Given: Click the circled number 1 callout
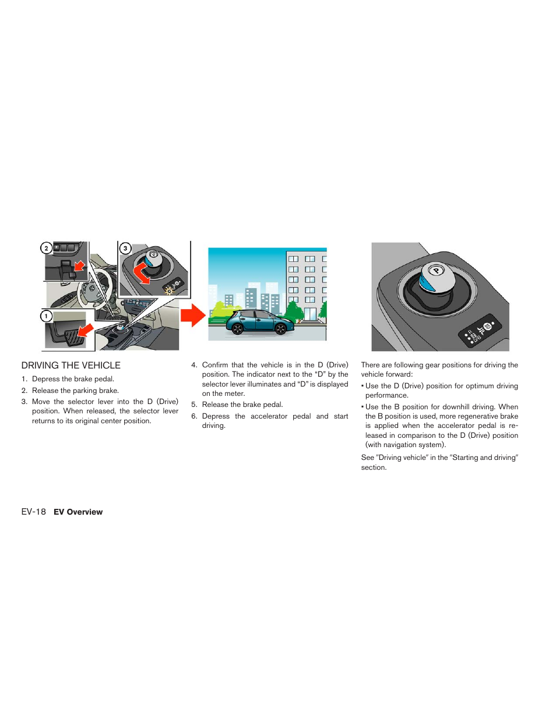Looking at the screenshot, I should (x=46, y=316).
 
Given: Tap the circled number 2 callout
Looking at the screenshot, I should (x=46, y=248).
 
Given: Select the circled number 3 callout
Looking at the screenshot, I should (x=125, y=248).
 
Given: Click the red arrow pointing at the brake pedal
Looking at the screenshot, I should (x=86, y=331).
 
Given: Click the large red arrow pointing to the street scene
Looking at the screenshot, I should (x=193, y=316).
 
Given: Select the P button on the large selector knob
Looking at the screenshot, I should (x=436, y=271).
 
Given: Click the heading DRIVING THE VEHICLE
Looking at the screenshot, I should (x=71, y=366).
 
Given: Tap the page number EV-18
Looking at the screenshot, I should (x=33, y=512).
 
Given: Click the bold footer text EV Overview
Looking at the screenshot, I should (x=78, y=512).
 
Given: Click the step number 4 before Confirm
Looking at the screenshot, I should (x=193, y=365).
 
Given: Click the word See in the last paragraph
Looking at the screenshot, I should (x=367, y=458).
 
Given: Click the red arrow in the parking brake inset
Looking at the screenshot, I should (x=79, y=267).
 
